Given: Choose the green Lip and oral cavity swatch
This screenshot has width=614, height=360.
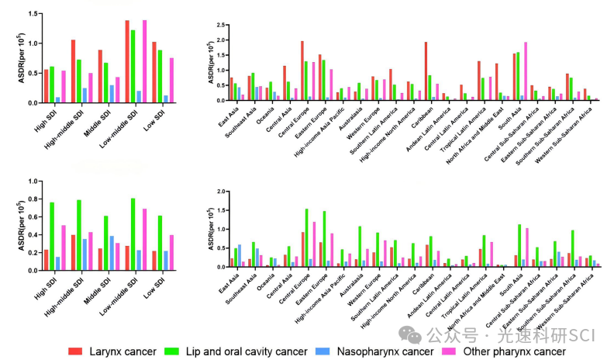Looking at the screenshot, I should coord(193,351).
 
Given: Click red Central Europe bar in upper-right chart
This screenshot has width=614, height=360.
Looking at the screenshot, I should coord(302,71).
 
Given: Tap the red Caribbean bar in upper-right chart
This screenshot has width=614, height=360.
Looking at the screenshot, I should coord(426,71).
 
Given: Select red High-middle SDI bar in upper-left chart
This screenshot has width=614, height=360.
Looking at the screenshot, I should coord(73,71).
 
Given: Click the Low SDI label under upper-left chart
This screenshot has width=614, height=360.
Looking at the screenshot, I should coord(157,119).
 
